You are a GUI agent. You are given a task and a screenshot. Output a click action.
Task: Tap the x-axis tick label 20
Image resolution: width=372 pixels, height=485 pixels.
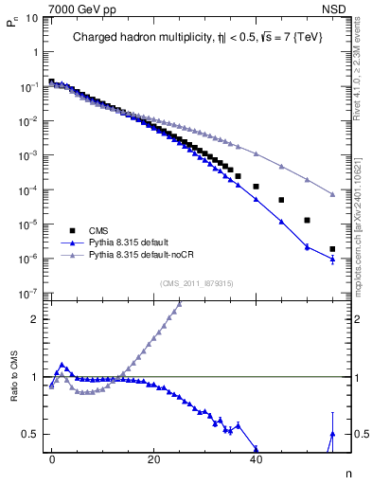coord(153,458)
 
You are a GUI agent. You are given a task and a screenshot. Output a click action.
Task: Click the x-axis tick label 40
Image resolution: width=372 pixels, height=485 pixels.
coord(255,458)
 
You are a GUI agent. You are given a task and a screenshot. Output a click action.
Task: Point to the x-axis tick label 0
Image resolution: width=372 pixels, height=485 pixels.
coord(52,458)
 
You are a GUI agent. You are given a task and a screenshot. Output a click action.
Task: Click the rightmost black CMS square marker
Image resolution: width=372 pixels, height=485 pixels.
coord(332,249)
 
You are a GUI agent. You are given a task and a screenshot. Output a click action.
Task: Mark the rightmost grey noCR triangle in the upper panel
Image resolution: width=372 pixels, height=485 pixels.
coord(332,195)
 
